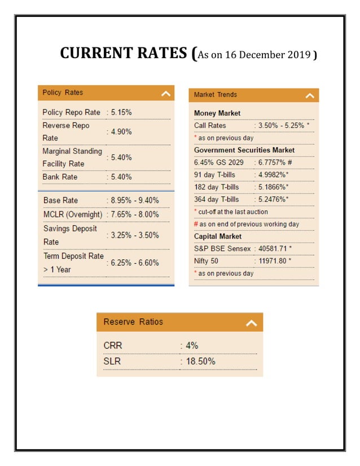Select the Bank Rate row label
tap(60, 177)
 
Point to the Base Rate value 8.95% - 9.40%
tap(134, 200)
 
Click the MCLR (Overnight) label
tap(73, 214)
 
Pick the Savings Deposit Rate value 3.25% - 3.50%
tap(134, 235)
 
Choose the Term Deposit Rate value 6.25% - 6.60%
tap(134, 262)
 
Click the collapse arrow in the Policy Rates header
tap(165, 94)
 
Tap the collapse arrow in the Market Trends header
tap(310, 96)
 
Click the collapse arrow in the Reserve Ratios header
tap(252, 323)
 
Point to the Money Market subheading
tap(217, 113)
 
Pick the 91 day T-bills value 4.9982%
tap(273, 174)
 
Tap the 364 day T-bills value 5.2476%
tap(273, 199)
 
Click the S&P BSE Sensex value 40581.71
tap(275, 248)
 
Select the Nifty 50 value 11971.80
tap(275, 261)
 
